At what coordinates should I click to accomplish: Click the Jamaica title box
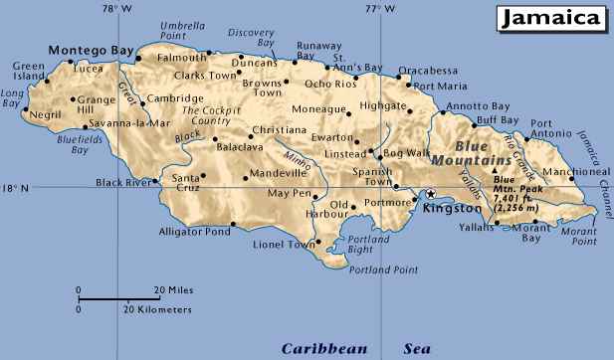(x=549, y=19)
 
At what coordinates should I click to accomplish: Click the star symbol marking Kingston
(x=430, y=194)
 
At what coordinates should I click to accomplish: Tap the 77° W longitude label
(x=380, y=8)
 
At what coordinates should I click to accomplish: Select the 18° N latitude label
(x=16, y=187)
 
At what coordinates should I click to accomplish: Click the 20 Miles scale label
(x=172, y=289)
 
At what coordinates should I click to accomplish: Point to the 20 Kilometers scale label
(x=156, y=310)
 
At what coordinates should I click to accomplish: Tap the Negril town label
(x=46, y=114)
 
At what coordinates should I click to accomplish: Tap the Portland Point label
(x=383, y=267)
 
